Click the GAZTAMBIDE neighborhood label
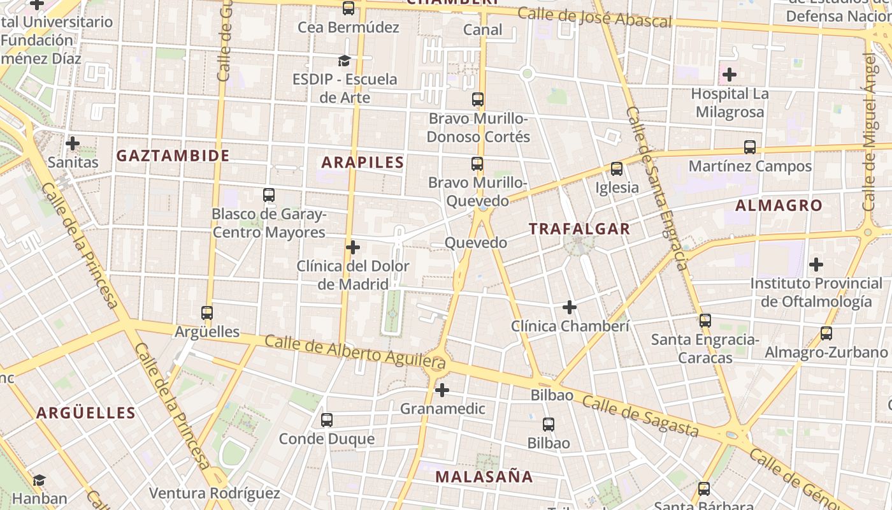[173, 156]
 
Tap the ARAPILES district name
[363, 163]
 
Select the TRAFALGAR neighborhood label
[579, 229]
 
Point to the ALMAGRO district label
[779, 205]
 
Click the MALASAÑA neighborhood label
[484, 476]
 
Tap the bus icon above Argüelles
[206, 313]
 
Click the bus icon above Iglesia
[616, 169]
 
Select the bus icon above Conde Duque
[327, 420]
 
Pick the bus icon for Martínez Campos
[750, 147]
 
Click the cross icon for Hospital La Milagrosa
[730, 75]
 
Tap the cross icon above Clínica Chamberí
[570, 308]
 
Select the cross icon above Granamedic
[442, 390]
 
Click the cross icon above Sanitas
[73, 143]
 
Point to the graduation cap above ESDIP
[344, 61]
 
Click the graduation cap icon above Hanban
[40, 480]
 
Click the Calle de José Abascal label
[594, 17]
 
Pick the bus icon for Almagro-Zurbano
[826, 333]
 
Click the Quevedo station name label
[475, 243]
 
